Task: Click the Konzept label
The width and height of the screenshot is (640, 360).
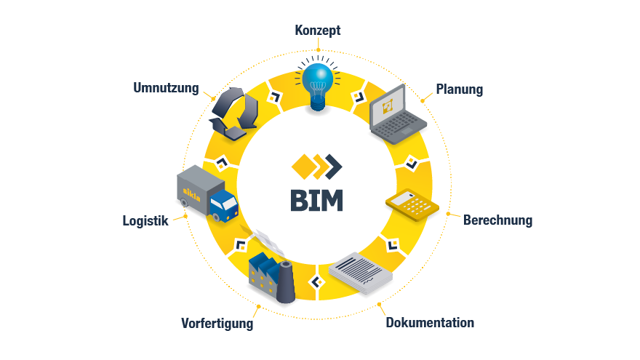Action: pyautogui.click(x=318, y=31)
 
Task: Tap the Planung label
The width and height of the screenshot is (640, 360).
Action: pyautogui.click(x=459, y=90)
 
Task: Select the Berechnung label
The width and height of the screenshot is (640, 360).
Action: pyautogui.click(x=497, y=220)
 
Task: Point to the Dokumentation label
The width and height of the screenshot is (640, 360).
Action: pyautogui.click(x=430, y=323)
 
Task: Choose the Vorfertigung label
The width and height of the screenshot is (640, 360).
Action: pyautogui.click(x=217, y=324)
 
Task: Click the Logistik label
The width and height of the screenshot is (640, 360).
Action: pyautogui.click(x=145, y=221)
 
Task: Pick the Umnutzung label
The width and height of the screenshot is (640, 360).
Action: pyautogui.click(x=166, y=89)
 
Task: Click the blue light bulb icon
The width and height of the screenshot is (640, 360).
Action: pyautogui.click(x=318, y=84)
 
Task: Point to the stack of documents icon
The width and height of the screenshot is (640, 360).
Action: pyautogui.click(x=361, y=273)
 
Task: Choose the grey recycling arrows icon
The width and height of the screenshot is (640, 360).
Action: pyautogui.click(x=235, y=113)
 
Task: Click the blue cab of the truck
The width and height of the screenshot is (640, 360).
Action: pyautogui.click(x=225, y=204)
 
